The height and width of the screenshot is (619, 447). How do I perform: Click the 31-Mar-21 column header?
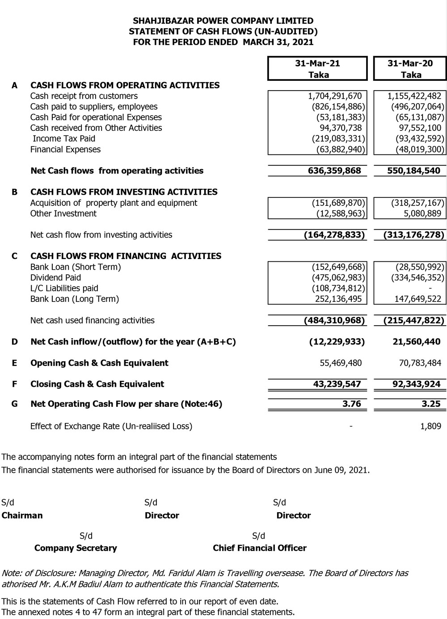pyautogui.click(x=317, y=63)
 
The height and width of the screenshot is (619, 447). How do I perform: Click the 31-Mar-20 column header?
pyautogui.click(x=410, y=63)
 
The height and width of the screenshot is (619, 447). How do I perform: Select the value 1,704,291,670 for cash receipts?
pyautogui.click(x=335, y=96)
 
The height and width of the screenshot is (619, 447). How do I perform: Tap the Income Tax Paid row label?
pyautogui.click(x=64, y=139)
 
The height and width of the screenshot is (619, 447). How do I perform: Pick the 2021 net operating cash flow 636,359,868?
pyautogui.click(x=334, y=171)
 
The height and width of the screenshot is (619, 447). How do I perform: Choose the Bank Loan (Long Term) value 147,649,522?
pyautogui.click(x=417, y=299)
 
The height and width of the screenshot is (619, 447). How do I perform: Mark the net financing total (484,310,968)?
pyautogui.click(x=334, y=321)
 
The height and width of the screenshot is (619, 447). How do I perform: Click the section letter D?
pyautogui.click(x=15, y=342)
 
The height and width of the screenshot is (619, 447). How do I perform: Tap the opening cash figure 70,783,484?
pyautogui.click(x=420, y=363)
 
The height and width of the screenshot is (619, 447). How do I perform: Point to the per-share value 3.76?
pyautogui.click(x=351, y=404)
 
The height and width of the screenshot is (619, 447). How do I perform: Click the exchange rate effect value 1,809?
pyautogui.click(x=430, y=427)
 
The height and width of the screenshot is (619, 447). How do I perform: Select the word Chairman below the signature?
pyautogui.click(x=22, y=516)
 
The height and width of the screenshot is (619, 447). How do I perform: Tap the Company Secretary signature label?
pyautogui.click(x=76, y=548)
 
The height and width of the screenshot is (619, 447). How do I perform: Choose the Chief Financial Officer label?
pyautogui.click(x=260, y=548)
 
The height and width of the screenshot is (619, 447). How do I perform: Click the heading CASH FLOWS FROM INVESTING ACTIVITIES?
pyautogui.click(x=124, y=192)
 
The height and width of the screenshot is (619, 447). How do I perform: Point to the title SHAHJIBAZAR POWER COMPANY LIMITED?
pyautogui.click(x=223, y=21)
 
